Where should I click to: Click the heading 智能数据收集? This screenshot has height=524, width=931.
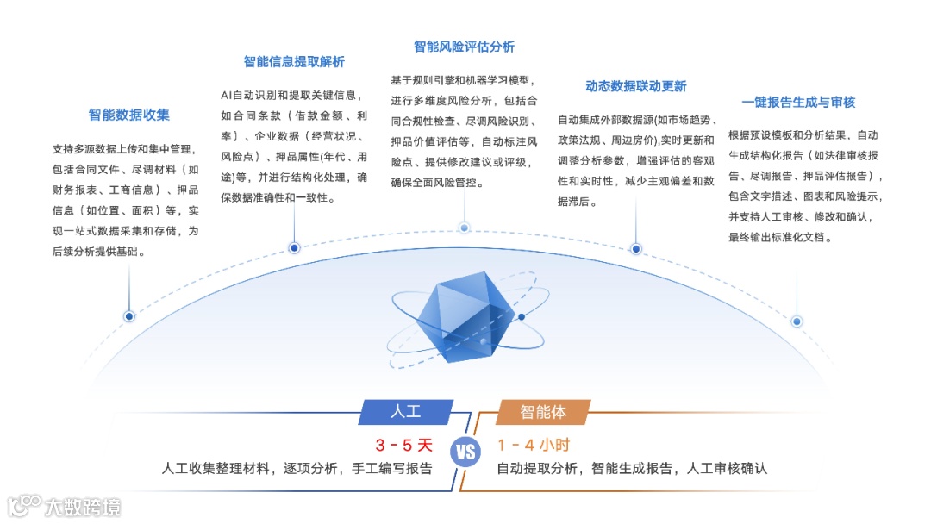pos(129,115)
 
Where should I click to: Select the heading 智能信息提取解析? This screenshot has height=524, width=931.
pos(294,62)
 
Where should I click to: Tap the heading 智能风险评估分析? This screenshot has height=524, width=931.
pos(464,47)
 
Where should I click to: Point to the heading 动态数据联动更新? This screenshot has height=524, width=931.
pos(636,86)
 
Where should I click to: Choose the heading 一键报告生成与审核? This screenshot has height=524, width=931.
pos(798,102)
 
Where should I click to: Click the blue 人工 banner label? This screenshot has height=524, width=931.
pos(406,411)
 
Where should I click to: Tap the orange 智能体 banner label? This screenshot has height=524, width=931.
pos(543,411)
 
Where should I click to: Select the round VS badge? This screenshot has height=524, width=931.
pos(465,452)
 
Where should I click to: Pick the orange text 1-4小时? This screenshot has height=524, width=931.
pos(534,446)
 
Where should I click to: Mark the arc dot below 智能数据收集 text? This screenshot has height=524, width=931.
pos(129,316)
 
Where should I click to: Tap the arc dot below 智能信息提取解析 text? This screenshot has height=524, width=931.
pos(294,248)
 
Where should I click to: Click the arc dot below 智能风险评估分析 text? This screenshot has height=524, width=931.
pos(464,228)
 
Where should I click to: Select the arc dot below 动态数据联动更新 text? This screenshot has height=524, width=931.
pos(636,249)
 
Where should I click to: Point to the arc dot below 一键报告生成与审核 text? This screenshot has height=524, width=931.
pos(797,321)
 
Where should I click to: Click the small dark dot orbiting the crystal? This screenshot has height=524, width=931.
pos(521,317)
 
